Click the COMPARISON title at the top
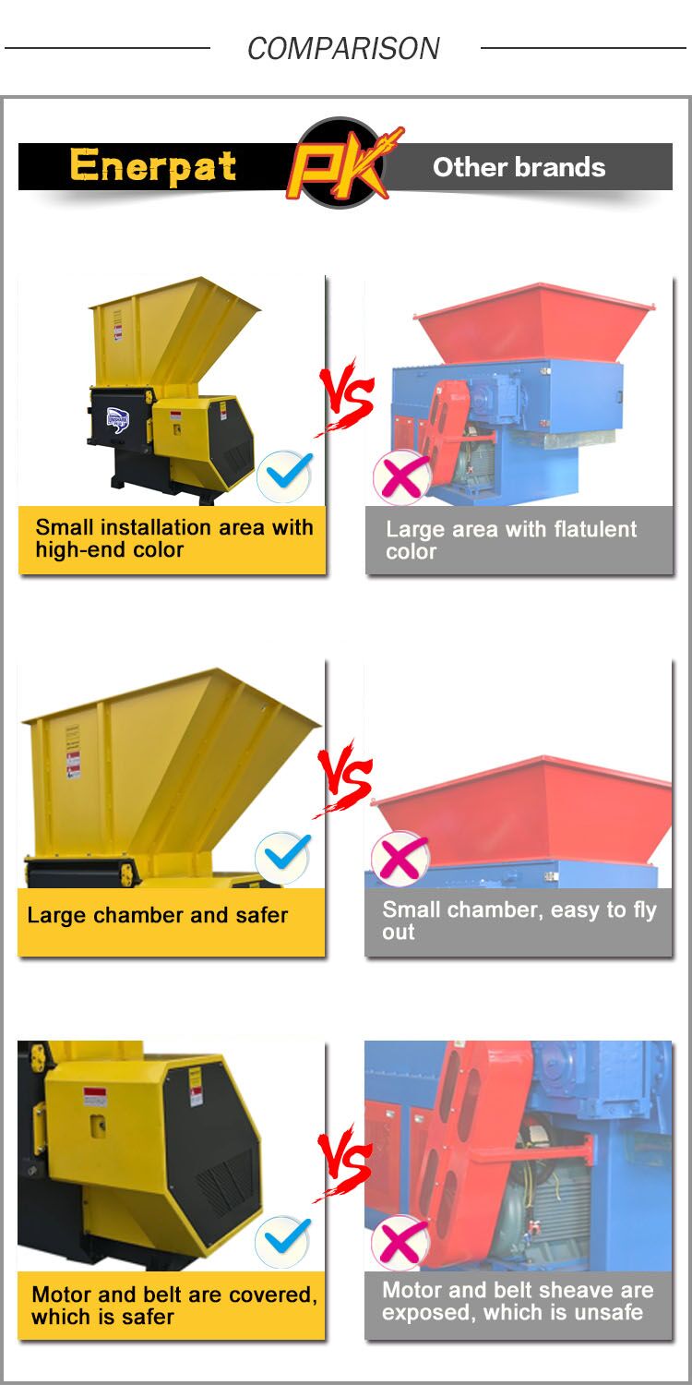pos(343,48)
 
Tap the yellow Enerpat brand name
pos(153,165)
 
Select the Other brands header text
pos(519,167)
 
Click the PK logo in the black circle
pos(341,163)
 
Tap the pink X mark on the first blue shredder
pos(403,477)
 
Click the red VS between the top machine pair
pos(345,397)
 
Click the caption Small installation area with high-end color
pos(173,538)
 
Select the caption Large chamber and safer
pos(158,915)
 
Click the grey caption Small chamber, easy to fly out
pos(519,921)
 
